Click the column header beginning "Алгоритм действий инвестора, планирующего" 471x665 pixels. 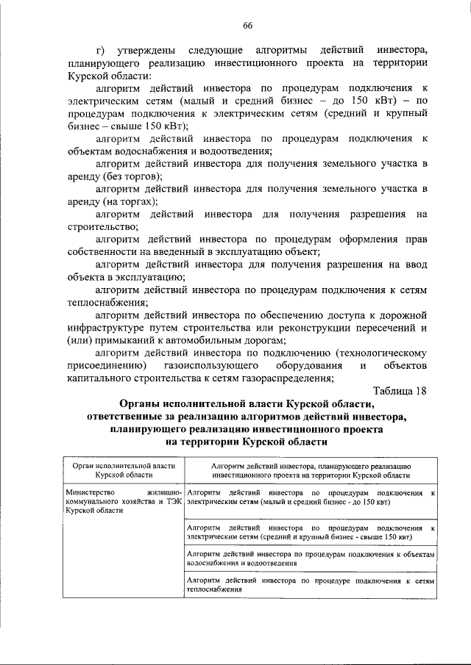click(x=310, y=471)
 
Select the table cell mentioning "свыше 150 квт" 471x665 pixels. click(x=310, y=532)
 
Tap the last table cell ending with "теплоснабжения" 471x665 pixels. click(x=310, y=585)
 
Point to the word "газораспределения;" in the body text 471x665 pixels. click(x=291, y=378)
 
